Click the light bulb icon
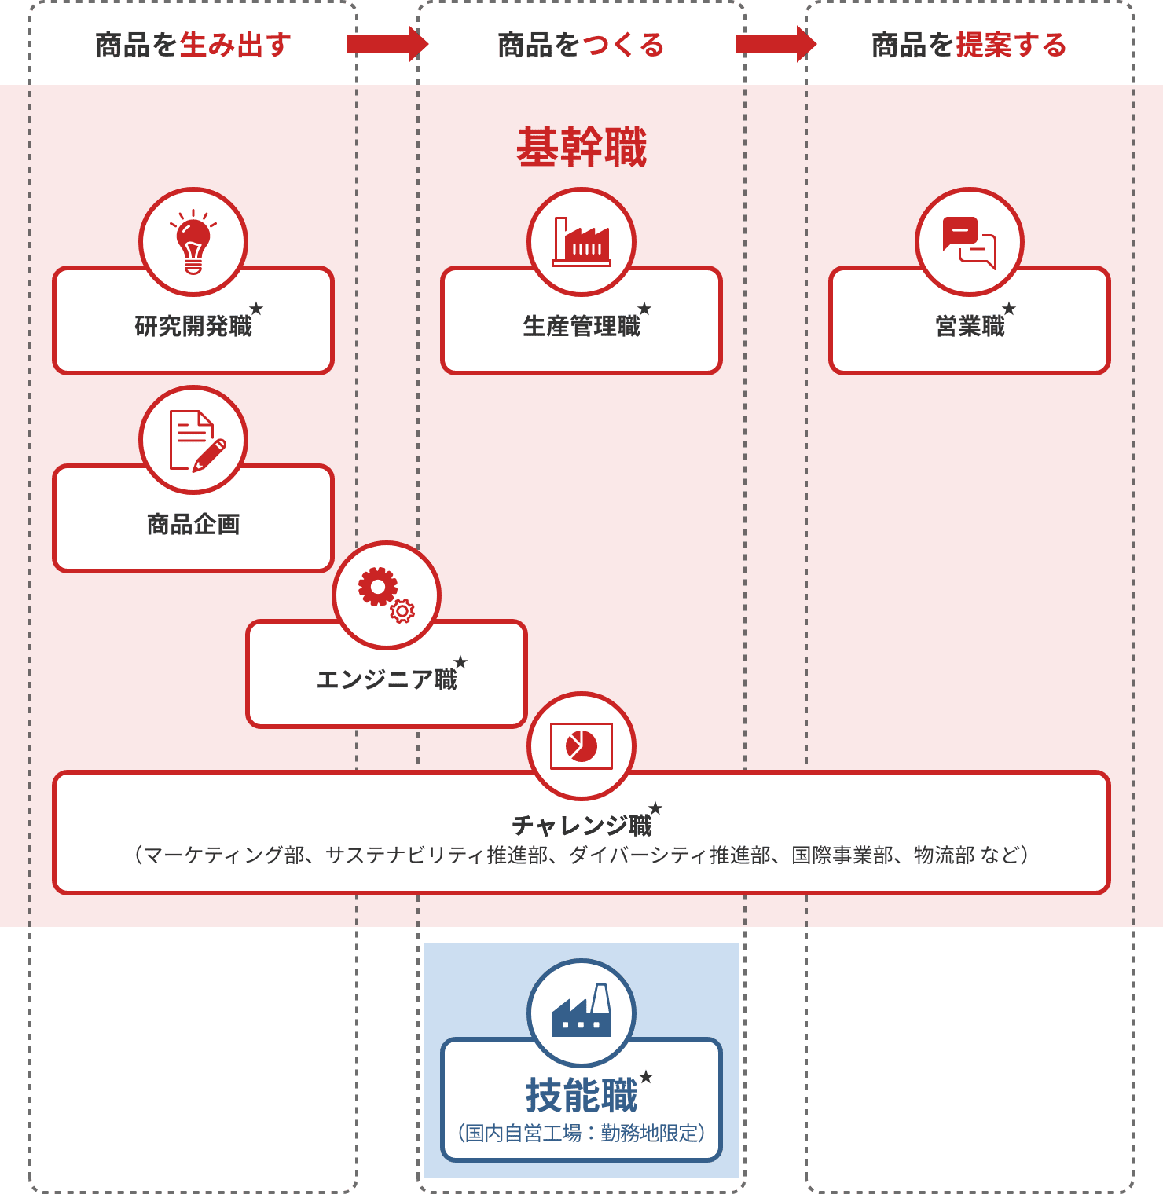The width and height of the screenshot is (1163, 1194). [x=193, y=242]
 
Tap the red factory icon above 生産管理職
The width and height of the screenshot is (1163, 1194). [x=581, y=242]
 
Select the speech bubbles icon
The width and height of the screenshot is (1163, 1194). [x=970, y=242]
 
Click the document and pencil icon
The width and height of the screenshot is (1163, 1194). [x=193, y=440]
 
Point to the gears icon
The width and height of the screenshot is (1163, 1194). [x=387, y=595]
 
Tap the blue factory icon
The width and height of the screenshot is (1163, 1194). [x=581, y=1013]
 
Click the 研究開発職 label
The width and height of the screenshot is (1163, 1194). [x=193, y=326]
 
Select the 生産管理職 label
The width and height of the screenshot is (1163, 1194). [x=581, y=326]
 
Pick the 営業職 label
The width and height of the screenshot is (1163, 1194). [x=970, y=326]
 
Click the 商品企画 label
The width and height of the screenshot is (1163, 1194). [x=193, y=524]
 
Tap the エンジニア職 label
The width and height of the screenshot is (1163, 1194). [x=387, y=679]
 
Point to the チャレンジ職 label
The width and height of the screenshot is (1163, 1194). [x=581, y=825]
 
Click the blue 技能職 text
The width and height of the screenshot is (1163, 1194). [x=581, y=1095]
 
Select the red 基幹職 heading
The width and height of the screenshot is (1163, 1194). [x=581, y=147]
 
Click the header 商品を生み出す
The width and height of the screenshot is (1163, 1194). [x=193, y=45]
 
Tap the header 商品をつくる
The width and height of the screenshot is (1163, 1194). [x=581, y=45]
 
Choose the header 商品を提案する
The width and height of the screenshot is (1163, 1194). [x=969, y=45]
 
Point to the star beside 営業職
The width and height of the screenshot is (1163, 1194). [x=1009, y=309]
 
